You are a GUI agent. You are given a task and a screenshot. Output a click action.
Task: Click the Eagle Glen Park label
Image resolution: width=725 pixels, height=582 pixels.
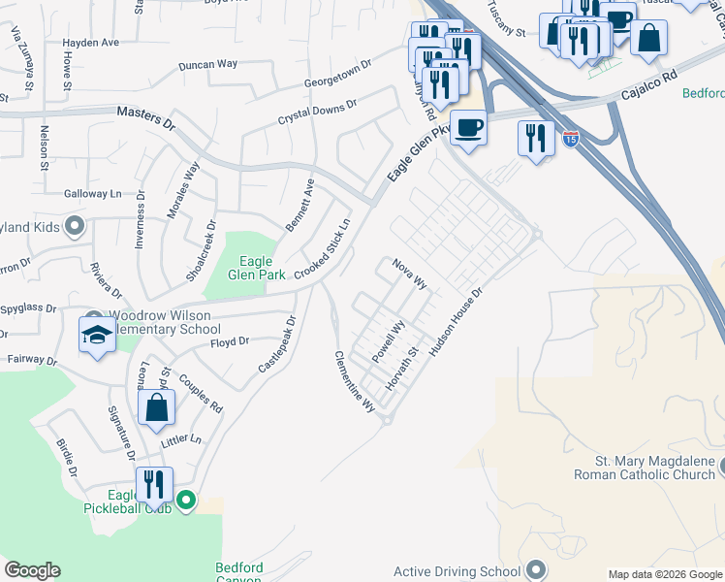257,268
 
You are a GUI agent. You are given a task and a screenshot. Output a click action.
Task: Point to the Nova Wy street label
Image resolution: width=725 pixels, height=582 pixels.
409,274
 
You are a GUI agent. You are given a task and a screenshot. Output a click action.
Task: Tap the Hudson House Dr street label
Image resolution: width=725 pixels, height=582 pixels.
456,321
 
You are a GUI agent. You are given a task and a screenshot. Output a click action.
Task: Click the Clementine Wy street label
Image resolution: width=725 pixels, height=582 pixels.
355,382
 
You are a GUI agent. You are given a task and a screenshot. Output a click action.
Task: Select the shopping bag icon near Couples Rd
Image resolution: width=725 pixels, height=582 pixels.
157,409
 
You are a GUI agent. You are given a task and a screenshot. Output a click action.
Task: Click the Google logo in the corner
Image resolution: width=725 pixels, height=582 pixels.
32,570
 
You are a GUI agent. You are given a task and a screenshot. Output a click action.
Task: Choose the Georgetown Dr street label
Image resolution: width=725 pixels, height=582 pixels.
338,76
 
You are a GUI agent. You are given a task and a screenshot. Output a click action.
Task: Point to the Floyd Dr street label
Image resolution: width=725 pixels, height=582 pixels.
231,341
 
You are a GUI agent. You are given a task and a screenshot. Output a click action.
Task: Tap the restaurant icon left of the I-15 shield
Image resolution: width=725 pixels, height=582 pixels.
535,138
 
